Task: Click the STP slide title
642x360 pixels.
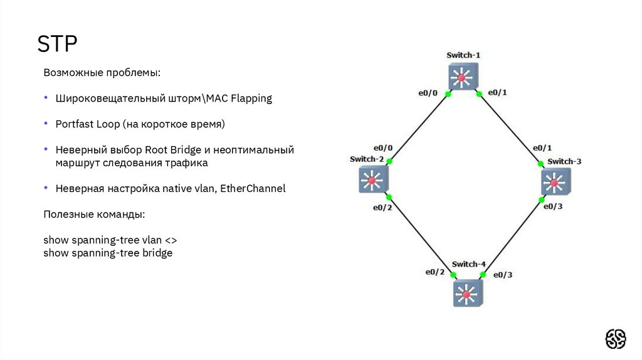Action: point(57,46)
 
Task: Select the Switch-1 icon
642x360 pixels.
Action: point(463,77)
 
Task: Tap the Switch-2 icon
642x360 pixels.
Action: point(373,180)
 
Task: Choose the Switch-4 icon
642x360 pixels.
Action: point(466,292)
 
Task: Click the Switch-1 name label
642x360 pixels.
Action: point(463,55)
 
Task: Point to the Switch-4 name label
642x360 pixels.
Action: point(468,264)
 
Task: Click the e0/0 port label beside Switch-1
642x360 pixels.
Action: point(428,93)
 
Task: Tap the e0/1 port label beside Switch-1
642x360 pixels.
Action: point(497,93)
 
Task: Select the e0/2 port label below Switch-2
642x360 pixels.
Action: point(382,208)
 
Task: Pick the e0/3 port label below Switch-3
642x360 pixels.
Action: point(552,206)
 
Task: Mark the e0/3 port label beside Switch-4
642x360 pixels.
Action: point(503,275)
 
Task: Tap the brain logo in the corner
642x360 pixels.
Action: point(615,339)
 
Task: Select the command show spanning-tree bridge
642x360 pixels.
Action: point(108,253)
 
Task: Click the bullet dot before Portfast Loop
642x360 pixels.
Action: point(46,124)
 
